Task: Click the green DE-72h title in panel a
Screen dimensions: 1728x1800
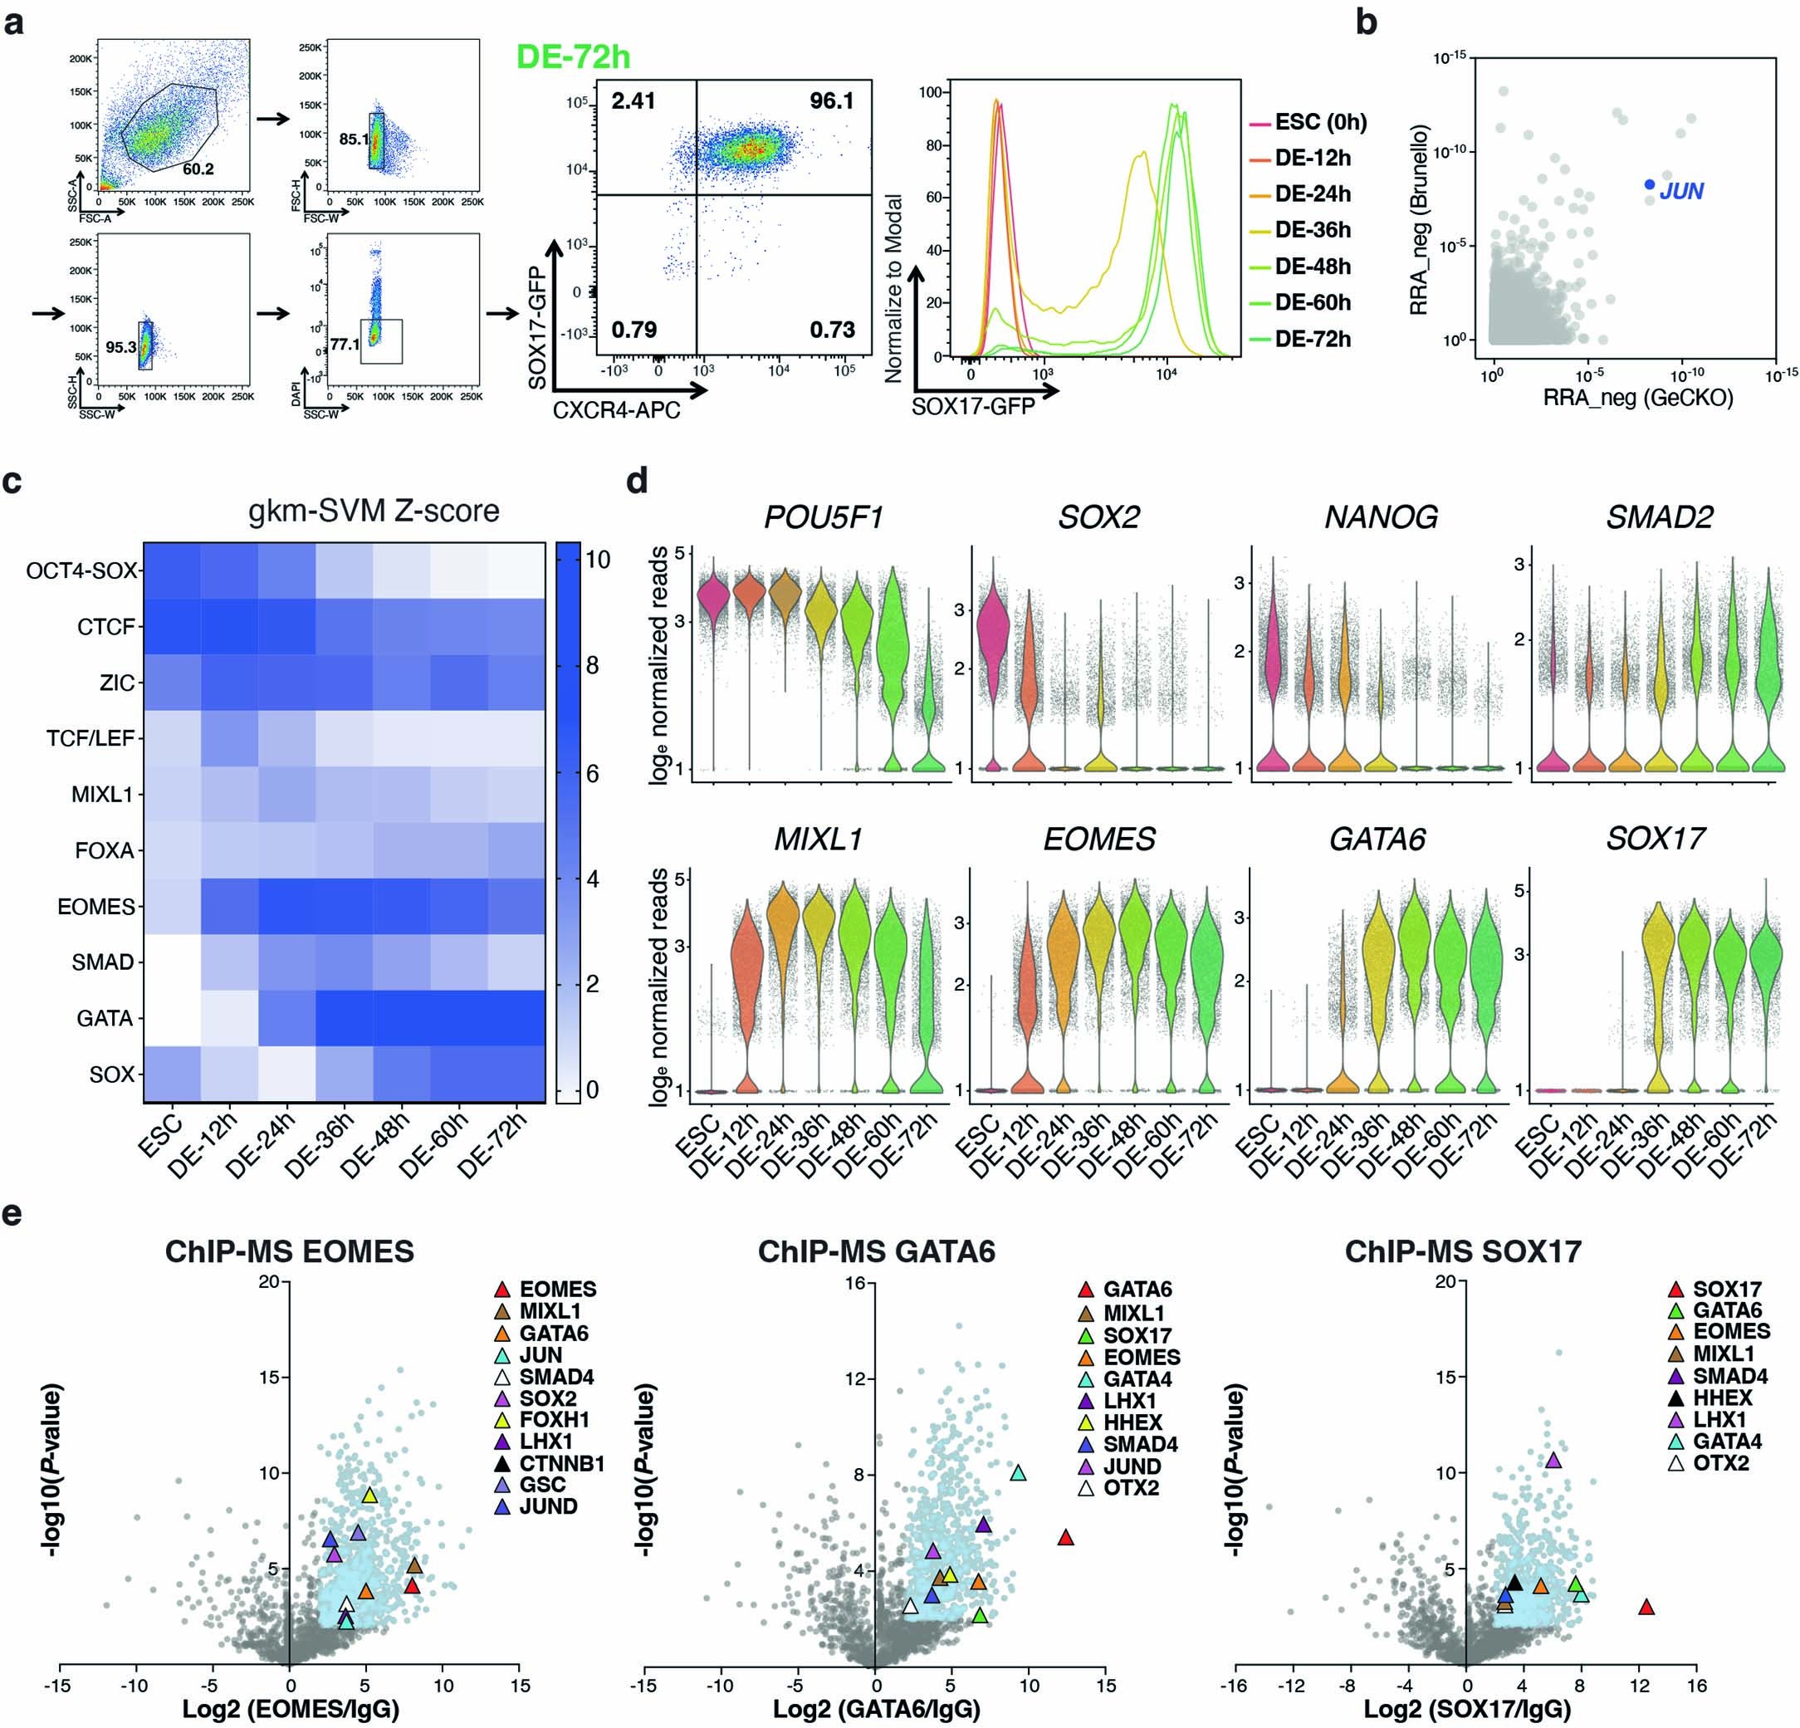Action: point(573,57)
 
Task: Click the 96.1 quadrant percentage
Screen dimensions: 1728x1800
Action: point(831,101)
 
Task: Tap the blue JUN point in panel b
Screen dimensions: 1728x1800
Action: point(1650,184)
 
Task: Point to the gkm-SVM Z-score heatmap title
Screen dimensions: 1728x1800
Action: point(374,510)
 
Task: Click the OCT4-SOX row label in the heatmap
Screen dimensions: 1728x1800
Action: point(81,570)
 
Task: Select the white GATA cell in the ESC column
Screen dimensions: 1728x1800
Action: point(171,1018)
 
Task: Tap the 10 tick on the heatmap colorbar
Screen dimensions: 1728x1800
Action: point(598,559)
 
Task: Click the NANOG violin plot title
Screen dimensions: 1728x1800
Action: point(1381,517)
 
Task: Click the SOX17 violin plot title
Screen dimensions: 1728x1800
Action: point(1656,838)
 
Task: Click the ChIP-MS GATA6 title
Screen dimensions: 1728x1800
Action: point(876,1251)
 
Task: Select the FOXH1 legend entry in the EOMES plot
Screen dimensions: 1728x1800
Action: point(554,1419)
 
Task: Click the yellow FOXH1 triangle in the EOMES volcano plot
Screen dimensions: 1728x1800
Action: point(369,1495)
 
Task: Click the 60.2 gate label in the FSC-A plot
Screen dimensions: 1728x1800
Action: point(198,169)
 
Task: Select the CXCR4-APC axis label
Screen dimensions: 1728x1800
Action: point(616,411)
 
